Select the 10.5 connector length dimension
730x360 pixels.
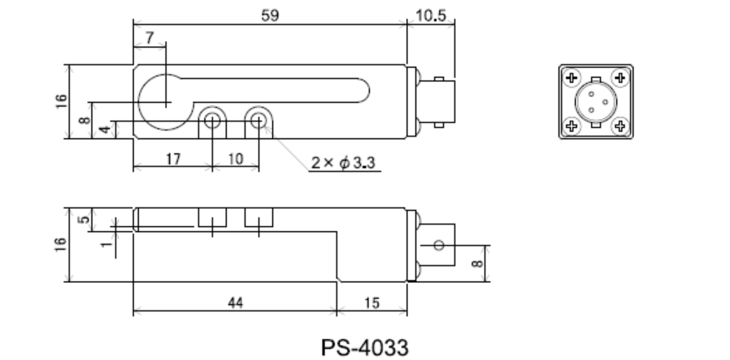430,17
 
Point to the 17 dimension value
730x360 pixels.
172,159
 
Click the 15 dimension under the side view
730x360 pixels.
371,303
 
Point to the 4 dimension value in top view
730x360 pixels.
103,129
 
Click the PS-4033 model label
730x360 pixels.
365,344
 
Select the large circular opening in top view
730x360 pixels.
167,102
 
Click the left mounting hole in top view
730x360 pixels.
213,121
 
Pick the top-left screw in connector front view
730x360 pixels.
572,78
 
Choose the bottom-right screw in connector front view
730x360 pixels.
619,126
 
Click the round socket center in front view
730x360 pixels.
595,102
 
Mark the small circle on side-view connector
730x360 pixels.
437,245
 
